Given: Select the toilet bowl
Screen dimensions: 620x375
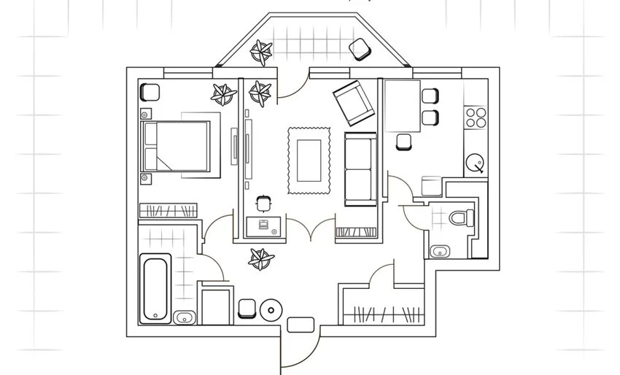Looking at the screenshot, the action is point(461,218).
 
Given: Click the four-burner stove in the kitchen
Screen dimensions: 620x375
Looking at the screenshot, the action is point(476,117).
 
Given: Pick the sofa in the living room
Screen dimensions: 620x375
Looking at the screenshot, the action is point(360,169).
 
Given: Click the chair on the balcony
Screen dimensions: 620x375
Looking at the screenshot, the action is point(359,49).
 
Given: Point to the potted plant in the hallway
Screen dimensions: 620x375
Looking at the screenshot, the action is point(260,258).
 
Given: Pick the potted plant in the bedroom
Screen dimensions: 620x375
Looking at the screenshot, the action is point(223,93).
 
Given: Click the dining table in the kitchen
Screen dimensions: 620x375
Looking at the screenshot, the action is point(402,106).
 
